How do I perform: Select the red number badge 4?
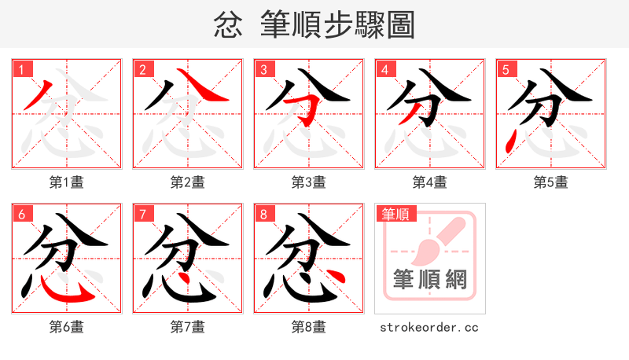tap(385, 69)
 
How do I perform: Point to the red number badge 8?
tap(264, 214)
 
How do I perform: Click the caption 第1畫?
tap(67, 182)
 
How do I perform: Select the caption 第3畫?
tap(309, 182)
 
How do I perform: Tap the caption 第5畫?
tap(551, 182)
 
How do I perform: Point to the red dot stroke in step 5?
tap(512, 143)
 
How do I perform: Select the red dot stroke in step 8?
tap(335, 277)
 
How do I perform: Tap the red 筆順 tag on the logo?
tap(395, 214)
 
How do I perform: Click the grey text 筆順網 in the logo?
tap(430, 278)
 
